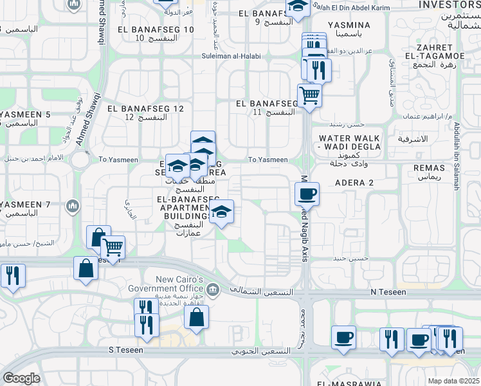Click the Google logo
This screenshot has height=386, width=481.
pyautogui.click(x=21, y=378)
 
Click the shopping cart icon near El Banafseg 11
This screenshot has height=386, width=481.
pyautogui.click(x=310, y=96)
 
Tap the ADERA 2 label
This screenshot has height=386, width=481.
pyautogui.click(x=354, y=183)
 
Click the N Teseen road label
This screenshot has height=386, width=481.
pyautogui.click(x=388, y=292)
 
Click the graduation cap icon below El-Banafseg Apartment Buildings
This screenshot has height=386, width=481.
pyautogui.click(x=221, y=212)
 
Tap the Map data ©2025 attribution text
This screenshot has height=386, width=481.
pyautogui.click(x=453, y=381)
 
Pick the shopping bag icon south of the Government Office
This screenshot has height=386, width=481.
pyautogui.click(x=196, y=317)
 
